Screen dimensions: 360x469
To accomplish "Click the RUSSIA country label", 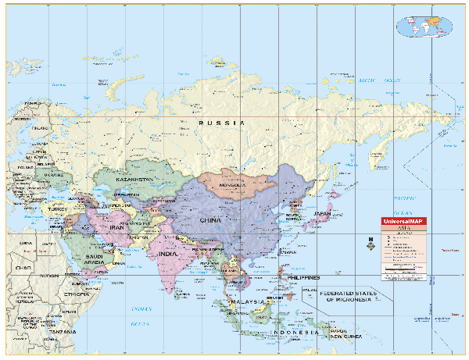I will click(221, 123).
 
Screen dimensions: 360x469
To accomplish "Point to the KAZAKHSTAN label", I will click(135, 180).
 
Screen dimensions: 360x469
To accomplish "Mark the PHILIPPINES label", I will click(303, 278).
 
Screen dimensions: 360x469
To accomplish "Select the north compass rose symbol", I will click(370, 244).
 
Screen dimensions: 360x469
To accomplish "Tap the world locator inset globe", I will click(427, 25).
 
